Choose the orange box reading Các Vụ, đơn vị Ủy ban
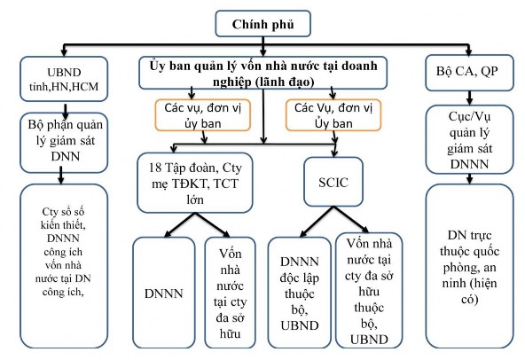point(325,114)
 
